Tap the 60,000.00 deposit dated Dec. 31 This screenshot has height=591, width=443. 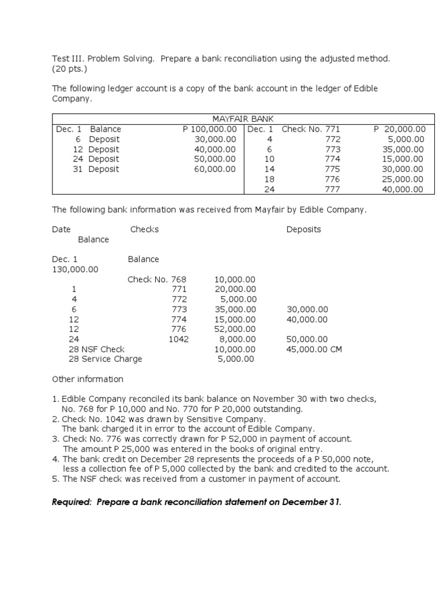click(x=215, y=169)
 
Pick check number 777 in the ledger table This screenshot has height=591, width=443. click(x=333, y=189)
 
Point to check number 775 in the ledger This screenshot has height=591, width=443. click(x=333, y=169)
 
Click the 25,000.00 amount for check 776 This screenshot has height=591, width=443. click(x=401, y=179)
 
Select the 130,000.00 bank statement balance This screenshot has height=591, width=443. click(x=75, y=270)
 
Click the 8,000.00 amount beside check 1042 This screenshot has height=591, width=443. click(x=237, y=339)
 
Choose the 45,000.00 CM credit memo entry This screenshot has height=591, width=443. click(x=314, y=349)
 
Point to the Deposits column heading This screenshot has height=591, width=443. click(x=303, y=229)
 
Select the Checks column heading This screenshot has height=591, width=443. click(x=144, y=229)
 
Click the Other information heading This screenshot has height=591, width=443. click(x=88, y=379)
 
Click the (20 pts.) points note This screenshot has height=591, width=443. click(x=69, y=69)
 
